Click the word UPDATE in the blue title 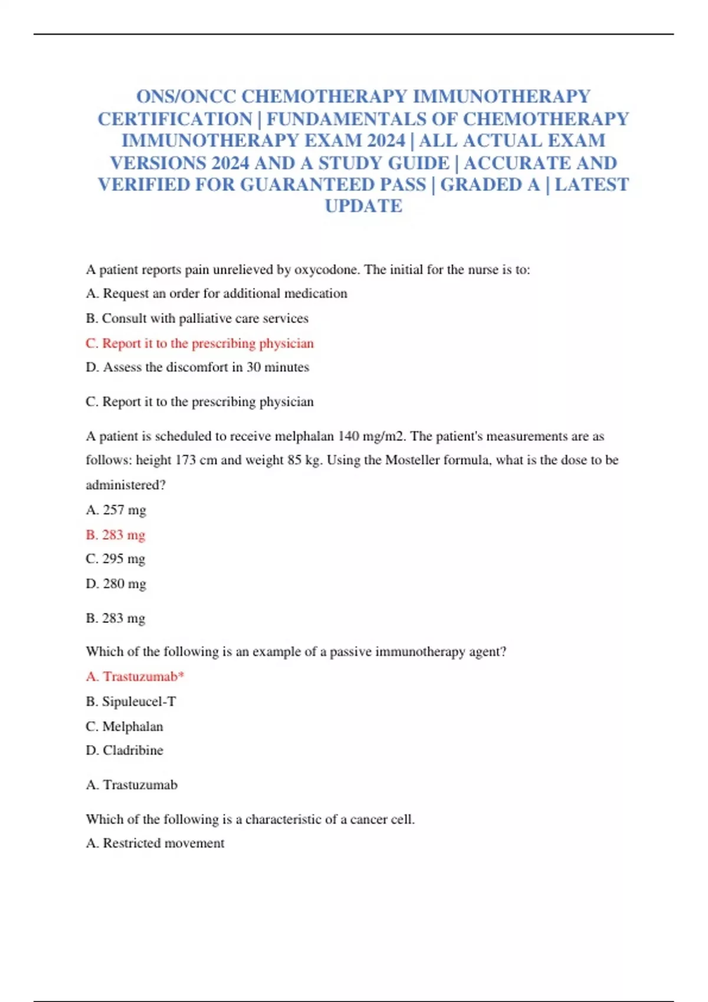[363, 206]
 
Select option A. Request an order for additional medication [217, 294]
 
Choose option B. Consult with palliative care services [197, 318]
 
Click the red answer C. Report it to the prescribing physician [199, 343]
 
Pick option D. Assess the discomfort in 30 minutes [197, 367]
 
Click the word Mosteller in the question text [412, 460]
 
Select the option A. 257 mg [116, 510]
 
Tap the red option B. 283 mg [116, 535]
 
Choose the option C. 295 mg [116, 559]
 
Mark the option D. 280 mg [116, 584]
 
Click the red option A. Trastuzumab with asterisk [135, 677]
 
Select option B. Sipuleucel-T [131, 701]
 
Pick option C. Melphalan [124, 726]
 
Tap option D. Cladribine [124, 750]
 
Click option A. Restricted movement [155, 843]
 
